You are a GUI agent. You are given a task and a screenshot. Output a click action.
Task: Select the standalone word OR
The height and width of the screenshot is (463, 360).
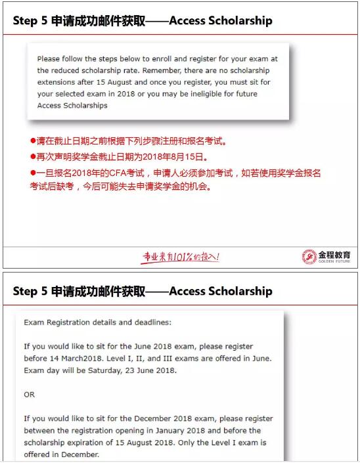29,395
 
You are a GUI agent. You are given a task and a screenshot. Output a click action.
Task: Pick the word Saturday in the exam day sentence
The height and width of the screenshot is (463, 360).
101,370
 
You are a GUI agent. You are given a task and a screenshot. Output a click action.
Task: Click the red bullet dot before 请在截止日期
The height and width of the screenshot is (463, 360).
33,142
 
